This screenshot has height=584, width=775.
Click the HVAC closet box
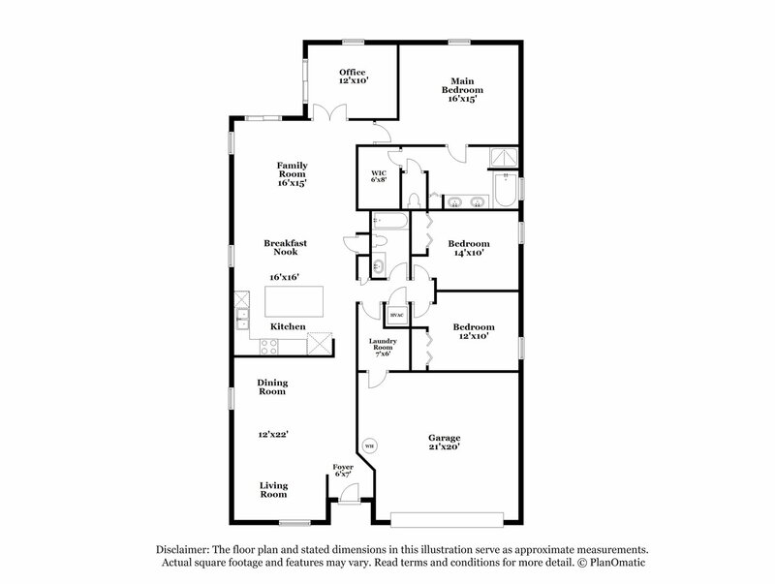(396, 315)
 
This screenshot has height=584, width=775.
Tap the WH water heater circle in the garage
(369, 446)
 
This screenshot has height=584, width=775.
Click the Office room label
(353, 73)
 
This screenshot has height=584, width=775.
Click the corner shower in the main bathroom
(503, 158)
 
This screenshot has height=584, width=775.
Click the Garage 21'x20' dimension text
(445, 447)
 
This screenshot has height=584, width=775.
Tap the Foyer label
(344, 468)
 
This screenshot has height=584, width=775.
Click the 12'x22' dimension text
(272, 435)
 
